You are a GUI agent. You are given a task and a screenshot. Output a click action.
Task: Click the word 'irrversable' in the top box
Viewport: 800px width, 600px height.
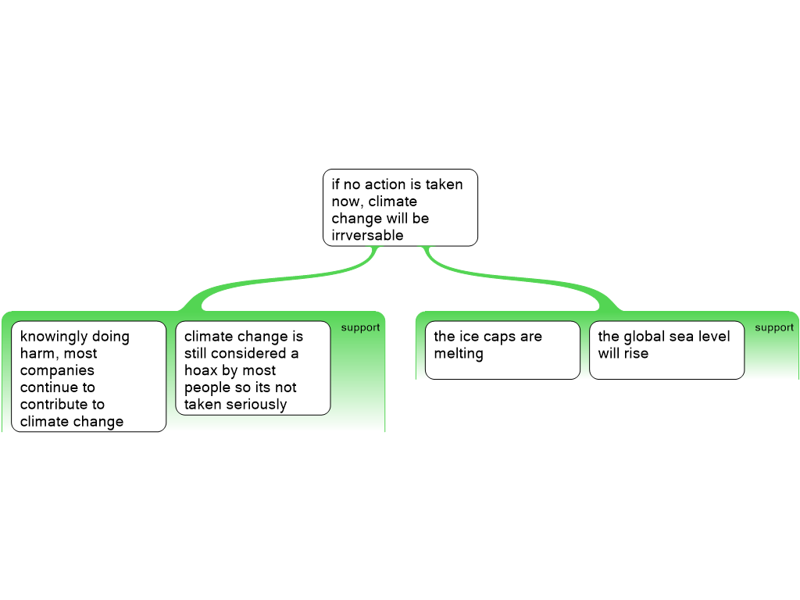[367, 235]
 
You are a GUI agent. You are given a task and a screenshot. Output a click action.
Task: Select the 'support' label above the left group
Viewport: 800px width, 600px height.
[360, 327]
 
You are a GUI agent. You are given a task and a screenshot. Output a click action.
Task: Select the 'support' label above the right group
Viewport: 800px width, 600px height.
[774, 327]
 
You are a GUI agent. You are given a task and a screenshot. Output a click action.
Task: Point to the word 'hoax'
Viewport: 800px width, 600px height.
[201, 370]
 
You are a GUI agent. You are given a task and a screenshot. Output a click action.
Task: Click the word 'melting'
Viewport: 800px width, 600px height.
[459, 354]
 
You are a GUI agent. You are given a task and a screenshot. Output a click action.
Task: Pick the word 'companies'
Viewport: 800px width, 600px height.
[57, 371]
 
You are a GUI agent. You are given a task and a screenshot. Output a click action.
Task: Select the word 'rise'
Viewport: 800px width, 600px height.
[636, 353]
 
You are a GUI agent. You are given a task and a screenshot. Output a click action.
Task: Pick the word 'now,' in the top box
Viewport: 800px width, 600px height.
[348, 202]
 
